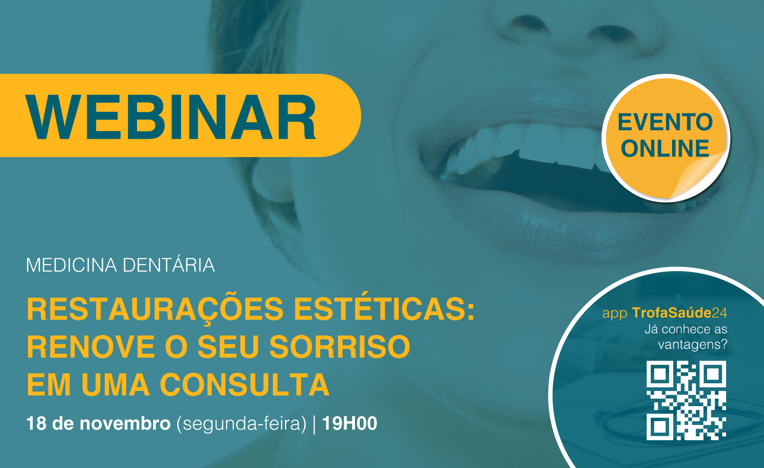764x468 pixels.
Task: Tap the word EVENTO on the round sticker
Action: click(x=665, y=122)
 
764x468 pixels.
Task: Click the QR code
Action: click(x=686, y=400)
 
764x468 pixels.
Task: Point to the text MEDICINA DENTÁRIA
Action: click(x=120, y=265)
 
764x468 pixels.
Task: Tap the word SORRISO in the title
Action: click(x=340, y=347)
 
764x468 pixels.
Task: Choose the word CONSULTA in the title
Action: click(x=245, y=385)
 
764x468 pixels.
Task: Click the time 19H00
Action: click(x=350, y=424)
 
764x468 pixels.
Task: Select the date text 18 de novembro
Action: click(x=98, y=424)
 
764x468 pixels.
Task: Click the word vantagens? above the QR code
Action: click(x=693, y=344)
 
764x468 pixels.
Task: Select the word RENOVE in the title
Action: click(x=91, y=347)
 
